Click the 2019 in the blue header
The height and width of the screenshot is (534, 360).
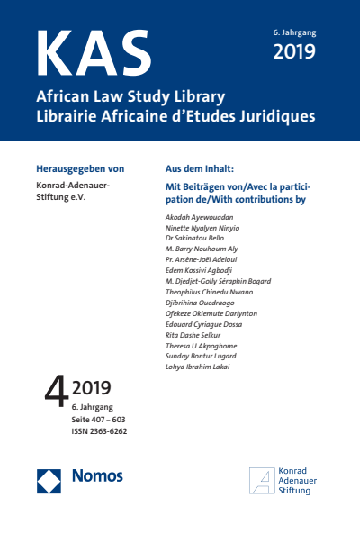pos(294,51)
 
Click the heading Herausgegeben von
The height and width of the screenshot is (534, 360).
pos(79,168)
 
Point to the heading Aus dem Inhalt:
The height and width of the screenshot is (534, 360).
pos(201,168)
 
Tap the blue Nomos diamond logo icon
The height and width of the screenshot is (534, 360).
pos(49,481)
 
